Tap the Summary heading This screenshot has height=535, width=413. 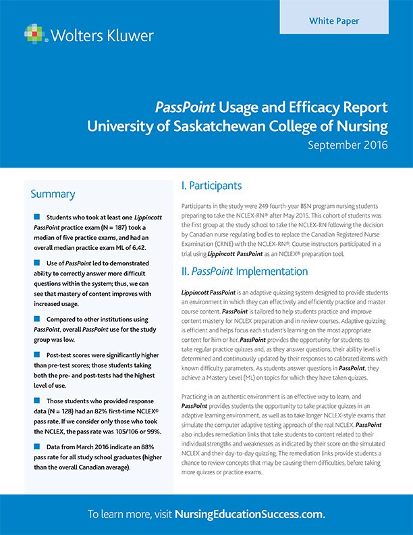click(x=53, y=195)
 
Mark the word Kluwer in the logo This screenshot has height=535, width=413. click(x=131, y=34)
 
